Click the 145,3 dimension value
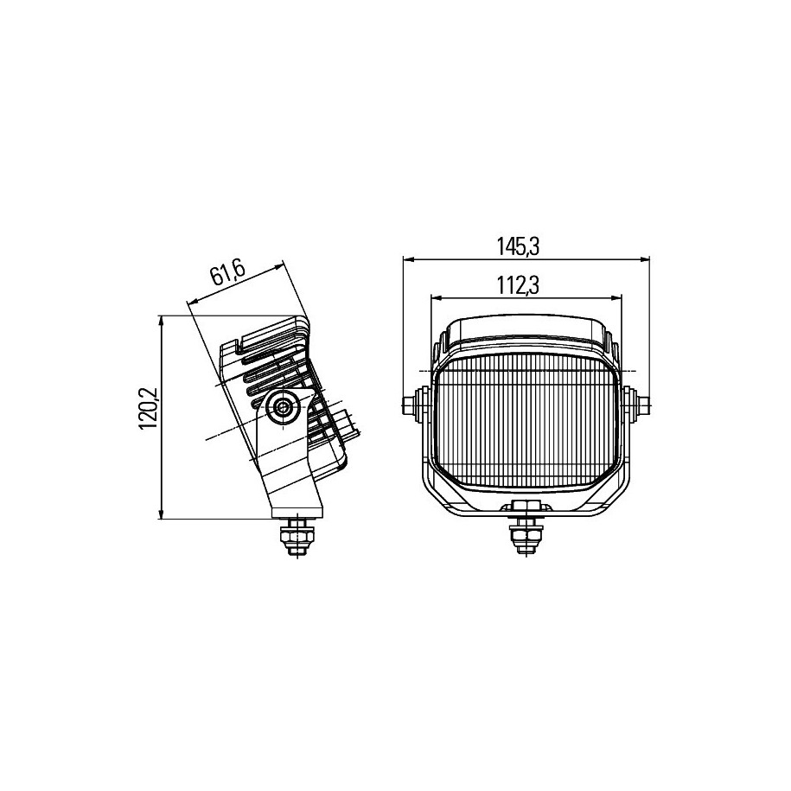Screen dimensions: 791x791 pos(519,246)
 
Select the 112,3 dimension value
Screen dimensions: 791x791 pos(519,286)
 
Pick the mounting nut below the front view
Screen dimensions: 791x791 pos(526,537)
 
